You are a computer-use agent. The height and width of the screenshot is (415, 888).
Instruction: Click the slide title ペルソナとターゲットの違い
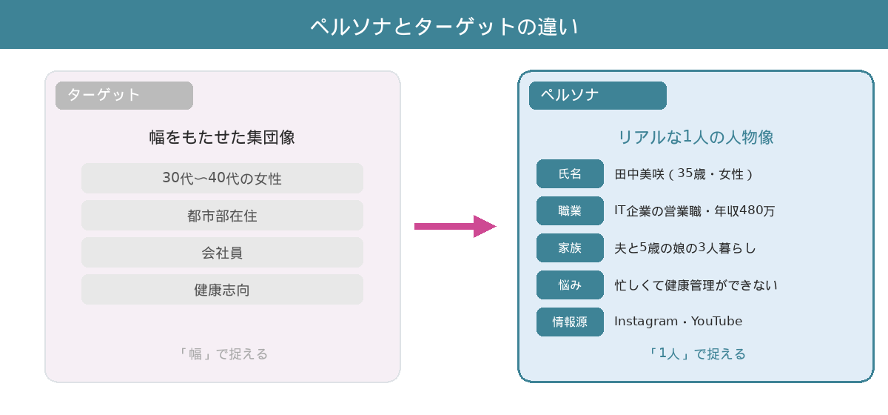444,26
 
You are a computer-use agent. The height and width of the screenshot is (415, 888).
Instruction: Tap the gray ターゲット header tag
124,96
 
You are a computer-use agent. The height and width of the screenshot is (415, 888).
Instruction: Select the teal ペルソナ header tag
597,96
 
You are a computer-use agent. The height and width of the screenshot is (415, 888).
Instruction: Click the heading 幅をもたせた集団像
222,138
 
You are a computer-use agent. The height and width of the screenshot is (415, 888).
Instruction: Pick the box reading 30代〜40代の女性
222,179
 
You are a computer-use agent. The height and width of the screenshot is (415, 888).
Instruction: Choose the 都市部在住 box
222,216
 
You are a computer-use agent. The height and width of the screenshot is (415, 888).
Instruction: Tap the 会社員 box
222,253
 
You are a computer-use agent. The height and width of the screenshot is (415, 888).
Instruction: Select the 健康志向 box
222,290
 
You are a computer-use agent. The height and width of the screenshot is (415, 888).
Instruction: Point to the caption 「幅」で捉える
222,354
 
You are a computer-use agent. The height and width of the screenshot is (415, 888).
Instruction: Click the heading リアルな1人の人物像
696,137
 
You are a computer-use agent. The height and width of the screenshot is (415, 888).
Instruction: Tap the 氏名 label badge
570,174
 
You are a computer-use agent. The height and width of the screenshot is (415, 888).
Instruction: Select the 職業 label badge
570,211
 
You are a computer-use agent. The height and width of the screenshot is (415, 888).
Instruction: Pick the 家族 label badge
570,248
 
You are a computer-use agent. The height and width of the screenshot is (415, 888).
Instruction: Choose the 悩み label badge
570,285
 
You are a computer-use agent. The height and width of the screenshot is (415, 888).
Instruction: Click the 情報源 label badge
570,322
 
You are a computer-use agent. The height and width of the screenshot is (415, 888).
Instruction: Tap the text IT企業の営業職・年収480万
694,211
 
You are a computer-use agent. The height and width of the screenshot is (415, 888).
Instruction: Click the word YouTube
716,322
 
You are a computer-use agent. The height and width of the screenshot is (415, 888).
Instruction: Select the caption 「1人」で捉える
696,354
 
